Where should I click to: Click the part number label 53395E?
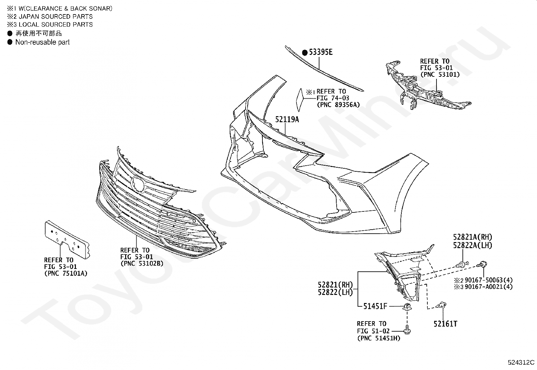click(x=321, y=52)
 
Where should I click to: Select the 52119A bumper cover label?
click(x=287, y=120)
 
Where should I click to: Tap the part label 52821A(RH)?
click(x=473, y=237)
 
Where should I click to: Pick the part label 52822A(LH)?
click(x=473, y=245)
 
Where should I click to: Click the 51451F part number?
click(x=375, y=306)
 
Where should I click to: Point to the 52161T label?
click(x=445, y=324)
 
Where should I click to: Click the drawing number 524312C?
click(x=521, y=363)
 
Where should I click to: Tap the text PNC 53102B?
click(x=142, y=264)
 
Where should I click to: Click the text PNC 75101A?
click(x=65, y=274)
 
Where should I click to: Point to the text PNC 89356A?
click(x=338, y=105)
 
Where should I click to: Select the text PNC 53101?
click(x=440, y=74)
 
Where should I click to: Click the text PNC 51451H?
click(x=378, y=338)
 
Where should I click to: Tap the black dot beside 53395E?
click(x=305, y=53)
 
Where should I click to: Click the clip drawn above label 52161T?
click(x=442, y=306)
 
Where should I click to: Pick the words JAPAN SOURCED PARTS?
click(x=56, y=16)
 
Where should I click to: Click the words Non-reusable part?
click(x=43, y=42)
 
